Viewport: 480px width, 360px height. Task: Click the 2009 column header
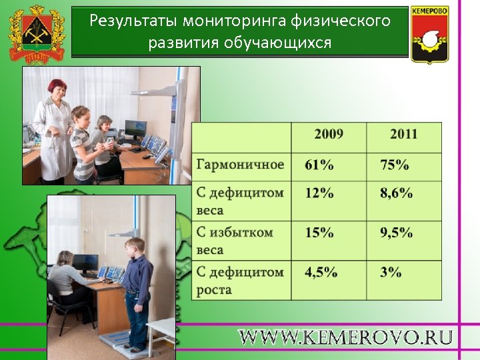(329, 134)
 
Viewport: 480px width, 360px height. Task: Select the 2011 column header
(404, 134)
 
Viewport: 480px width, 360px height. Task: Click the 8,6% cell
(397, 193)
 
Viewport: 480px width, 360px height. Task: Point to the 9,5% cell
(397, 233)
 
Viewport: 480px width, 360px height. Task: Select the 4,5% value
(321, 272)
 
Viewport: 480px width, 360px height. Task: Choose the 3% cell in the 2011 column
(391, 272)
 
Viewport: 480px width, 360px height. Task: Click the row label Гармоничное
(240, 165)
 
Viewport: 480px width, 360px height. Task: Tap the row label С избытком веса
(235, 241)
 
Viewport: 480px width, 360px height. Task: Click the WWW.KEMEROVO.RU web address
(346, 337)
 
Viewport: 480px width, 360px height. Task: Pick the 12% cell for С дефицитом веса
(319, 193)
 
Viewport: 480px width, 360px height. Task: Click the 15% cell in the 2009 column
(319, 233)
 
